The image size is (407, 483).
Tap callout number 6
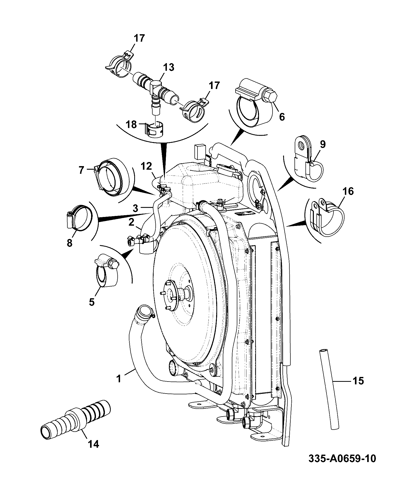(282, 117)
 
